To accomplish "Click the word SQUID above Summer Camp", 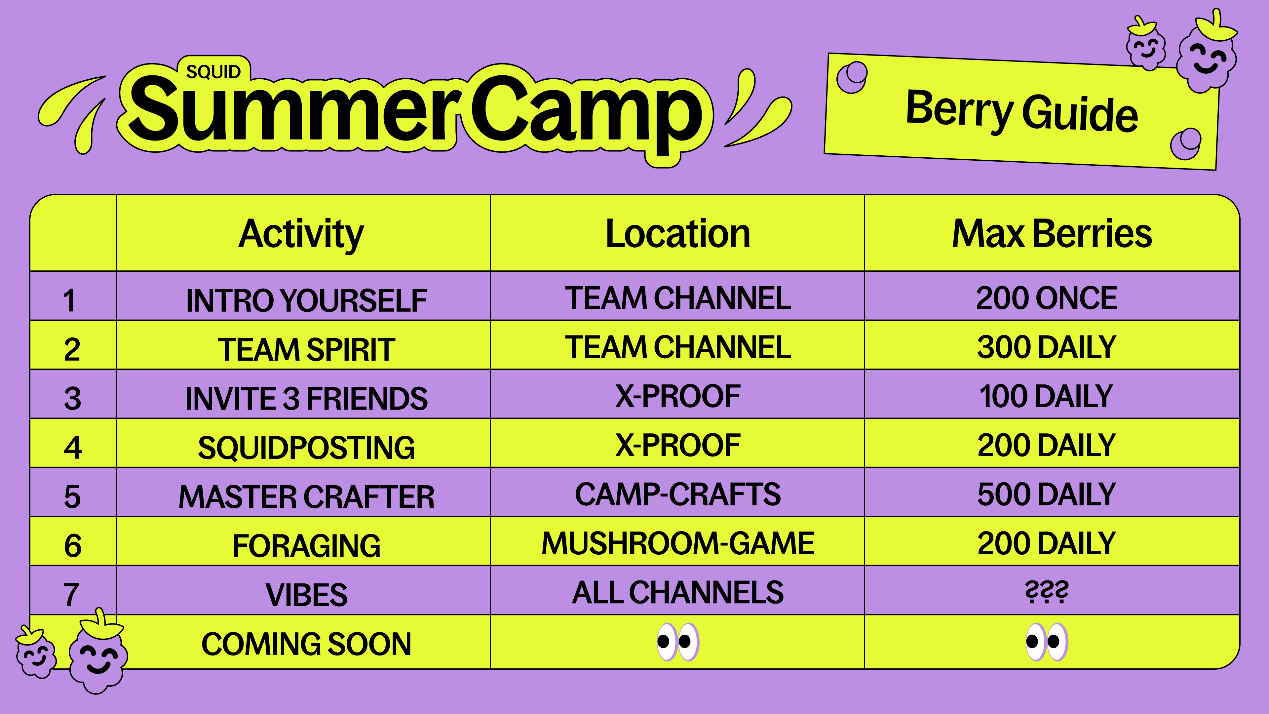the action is click(x=213, y=72).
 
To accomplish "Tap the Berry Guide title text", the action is click(x=1022, y=111).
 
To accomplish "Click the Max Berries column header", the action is click(x=1052, y=234).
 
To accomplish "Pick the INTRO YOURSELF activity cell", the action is click(x=306, y=300).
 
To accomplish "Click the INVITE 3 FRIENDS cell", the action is click(x=306, y=398).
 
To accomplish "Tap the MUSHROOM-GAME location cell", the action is click(x=677, y=543).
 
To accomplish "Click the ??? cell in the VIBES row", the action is click(x=1047, y=592).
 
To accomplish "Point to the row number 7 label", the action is click(x=71, y=595).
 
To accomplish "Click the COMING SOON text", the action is click(x=306, y=644).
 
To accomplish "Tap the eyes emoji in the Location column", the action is click(x=678, y=642).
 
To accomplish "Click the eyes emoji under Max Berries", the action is click(x=1047, y=642).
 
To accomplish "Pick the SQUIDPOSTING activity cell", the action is click(x=306, y=448).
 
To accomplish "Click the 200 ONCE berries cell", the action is click(x=1047, y=298).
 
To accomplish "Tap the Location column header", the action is click(x=677, y=234).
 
